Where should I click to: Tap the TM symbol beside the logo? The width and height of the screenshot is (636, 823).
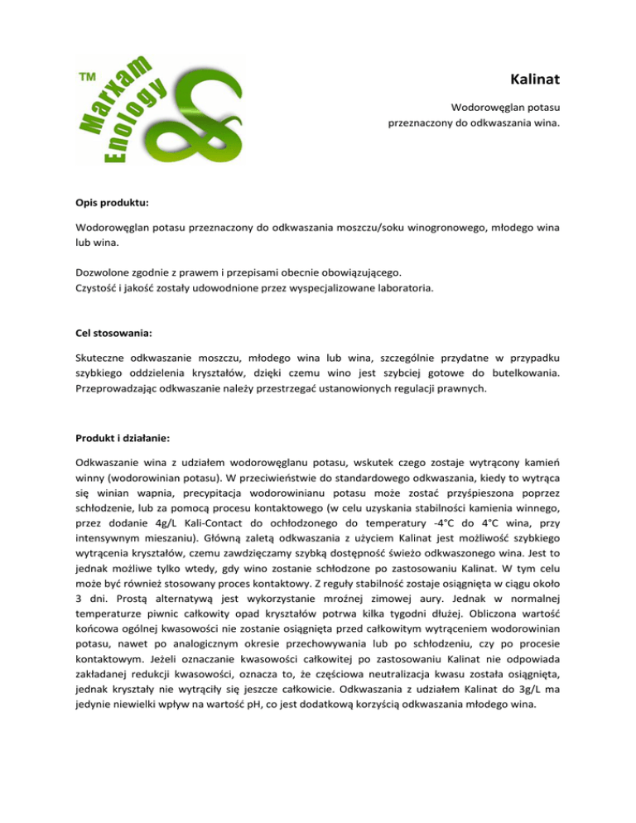[85, 77]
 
